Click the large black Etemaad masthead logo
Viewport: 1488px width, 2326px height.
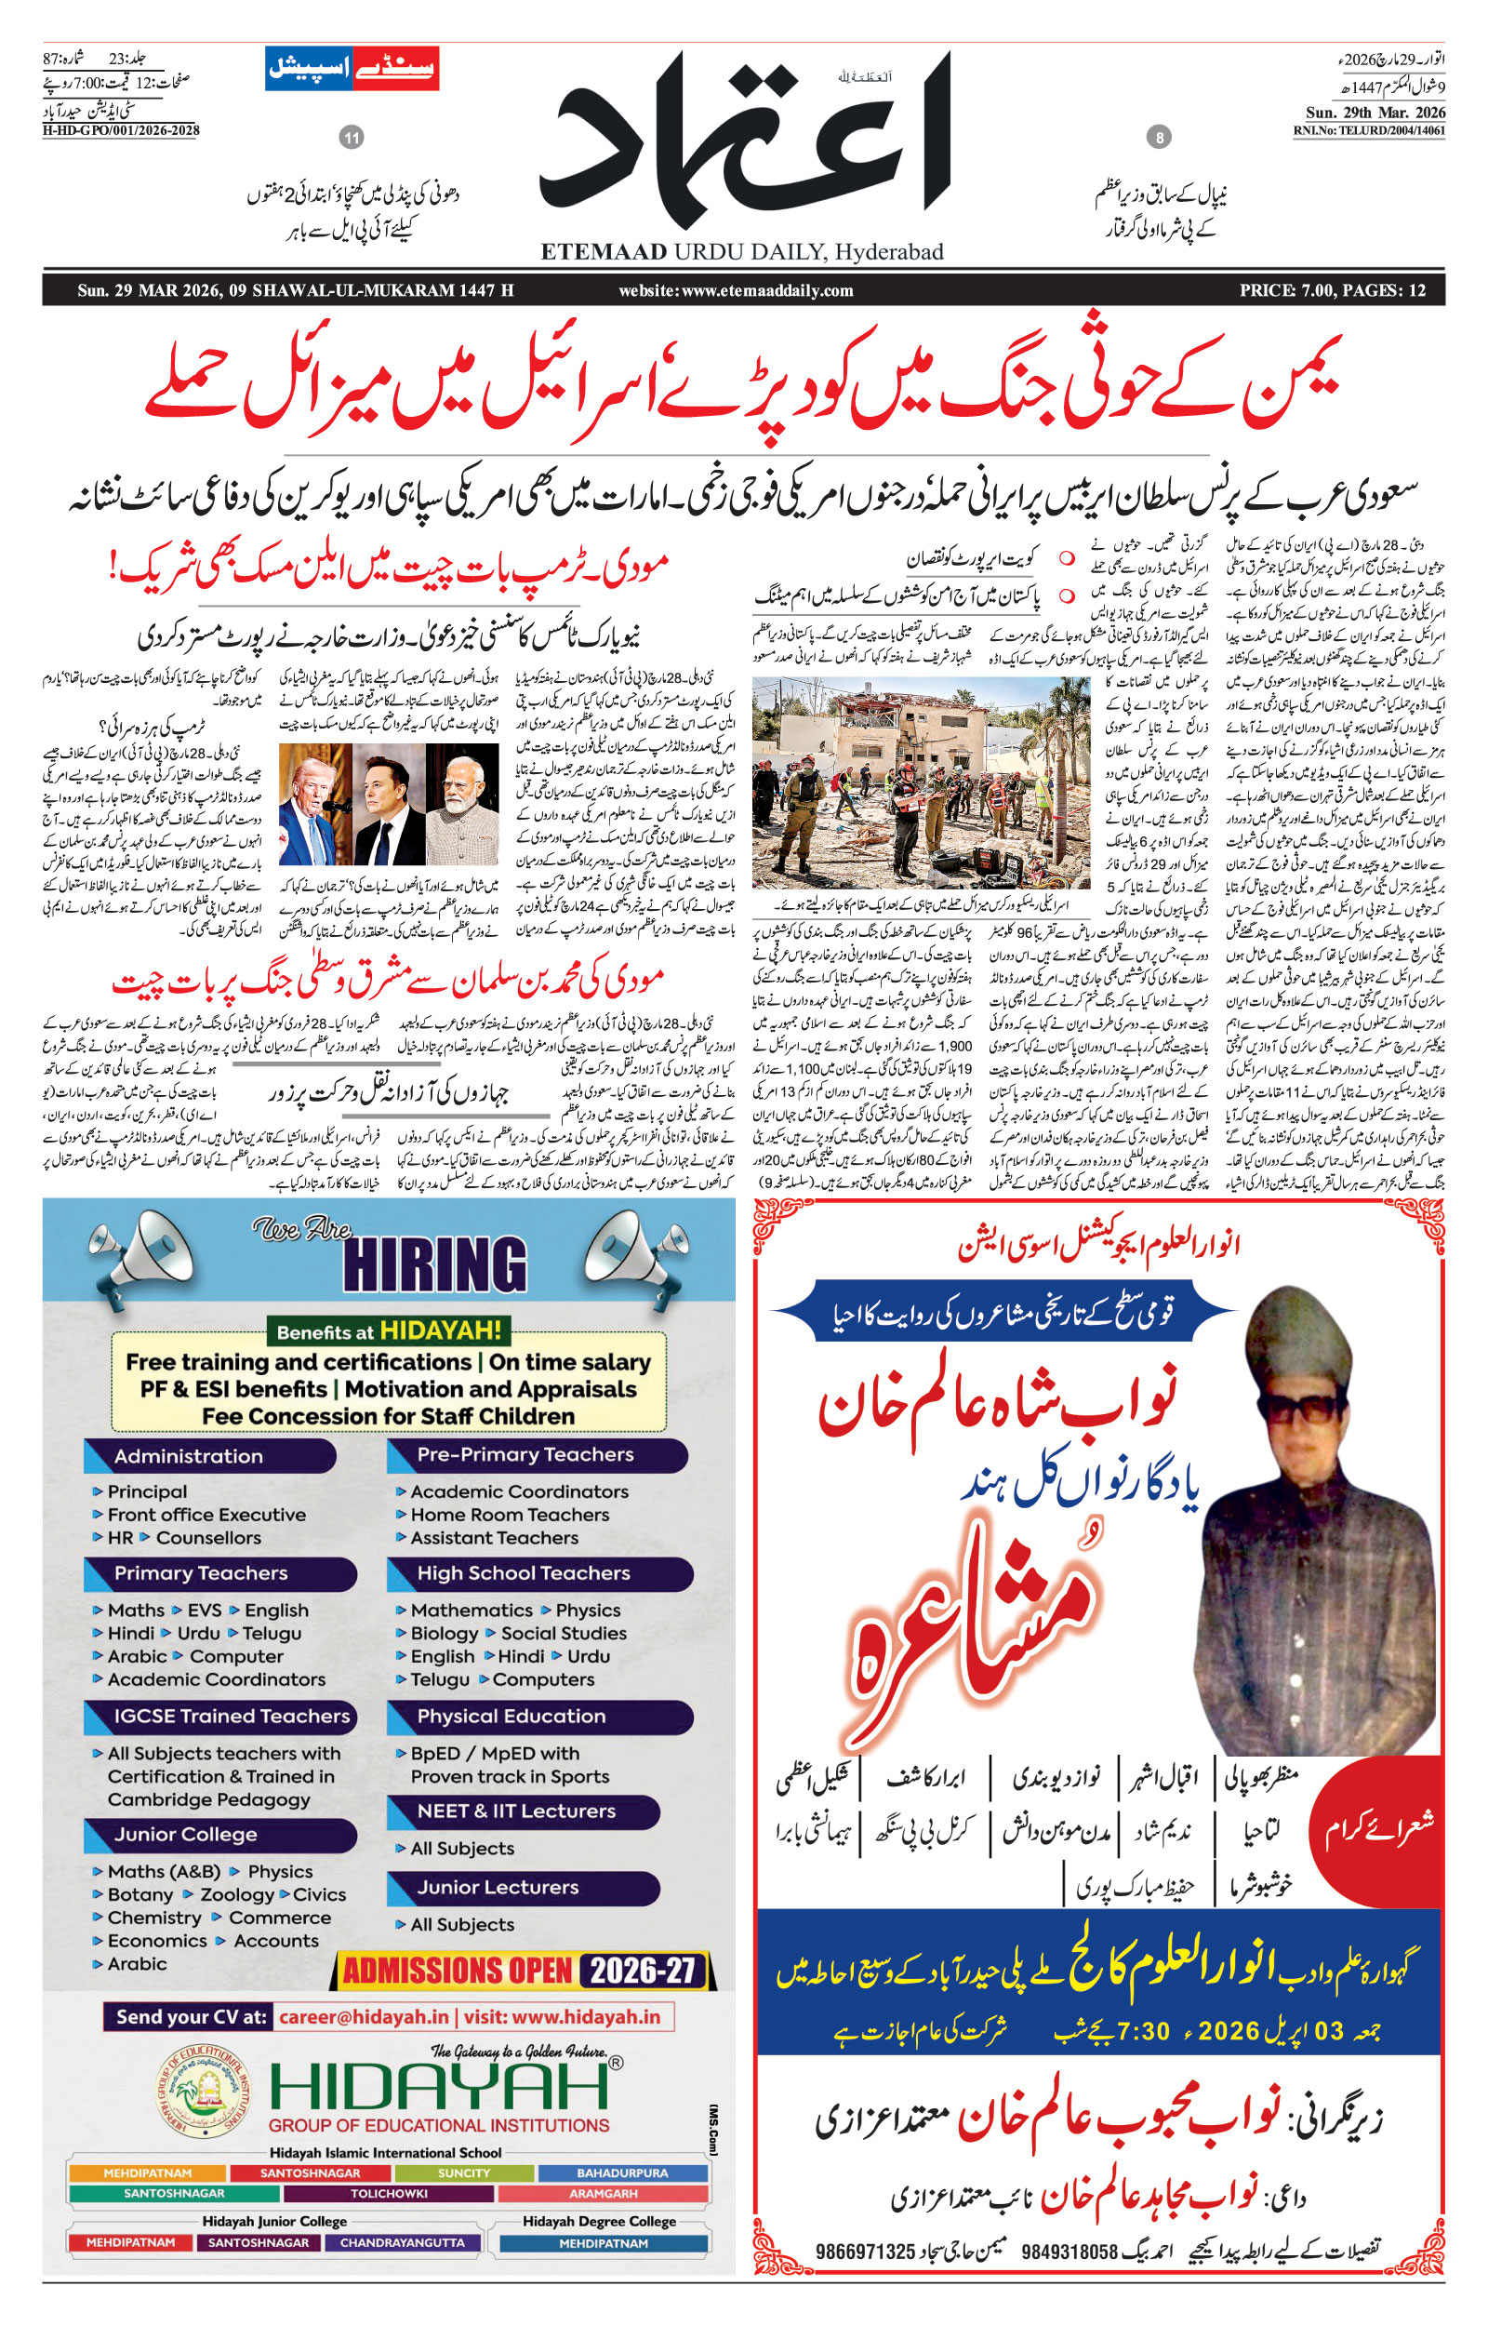point(744,140)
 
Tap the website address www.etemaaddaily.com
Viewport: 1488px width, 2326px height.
point(737,291)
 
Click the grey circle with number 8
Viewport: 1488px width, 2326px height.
point(1159,137)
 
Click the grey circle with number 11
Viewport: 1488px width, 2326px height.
point(352,137)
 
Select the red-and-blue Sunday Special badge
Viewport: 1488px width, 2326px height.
point(352,69)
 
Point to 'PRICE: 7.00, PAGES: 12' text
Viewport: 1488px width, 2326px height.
point(1333,291)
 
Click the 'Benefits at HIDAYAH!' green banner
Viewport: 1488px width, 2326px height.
point(389,1330)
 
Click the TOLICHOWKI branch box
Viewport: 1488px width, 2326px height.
point(389,2193)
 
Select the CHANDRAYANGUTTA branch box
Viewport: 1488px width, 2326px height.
point(402,2242)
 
